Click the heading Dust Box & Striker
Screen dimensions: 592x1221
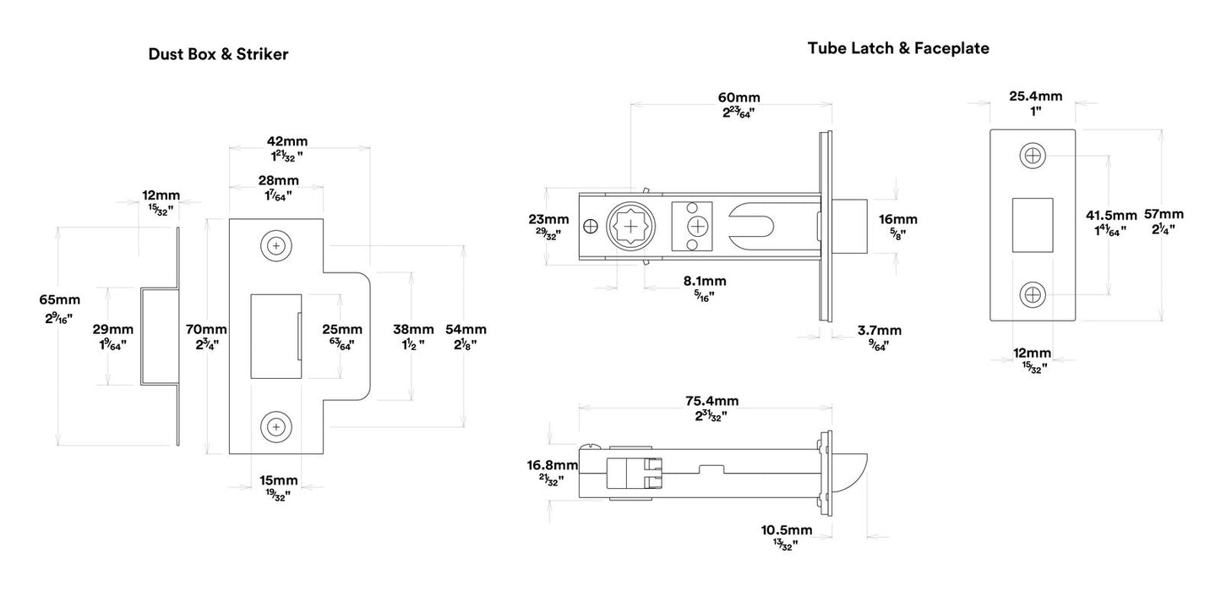(x=218, y=55)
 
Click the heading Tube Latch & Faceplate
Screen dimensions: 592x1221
(x=898, y=48)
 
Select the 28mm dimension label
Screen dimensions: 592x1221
(x=278, y=180)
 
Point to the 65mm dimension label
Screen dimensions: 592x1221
(x=60, y=299)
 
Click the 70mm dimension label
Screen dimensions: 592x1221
(x=205, y=329)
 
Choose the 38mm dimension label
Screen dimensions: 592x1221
(x=413, y=329)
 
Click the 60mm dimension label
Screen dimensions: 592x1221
(x=739, y=97)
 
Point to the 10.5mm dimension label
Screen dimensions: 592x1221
(x=786, y=530)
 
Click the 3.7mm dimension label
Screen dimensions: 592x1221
(x=878, y=330)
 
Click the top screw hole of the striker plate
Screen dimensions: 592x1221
(x=275, y=245)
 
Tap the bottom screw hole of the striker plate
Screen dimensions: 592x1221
(x=275, y=425)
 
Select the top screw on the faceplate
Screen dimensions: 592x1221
(x=1032, y=156)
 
